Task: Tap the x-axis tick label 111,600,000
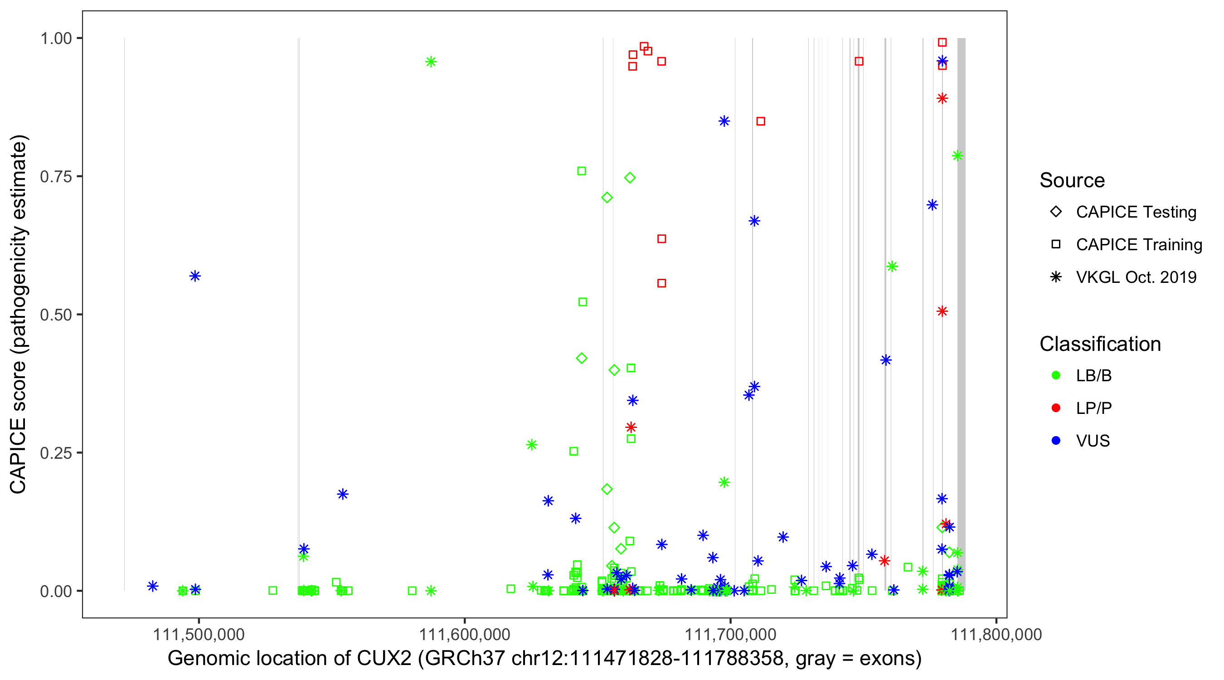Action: [464, 634]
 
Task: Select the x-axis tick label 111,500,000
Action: [199, 634]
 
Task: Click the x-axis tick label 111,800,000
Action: [996, 634]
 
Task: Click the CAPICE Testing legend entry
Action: [1136, 212]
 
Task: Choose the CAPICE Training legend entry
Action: [1138, 244]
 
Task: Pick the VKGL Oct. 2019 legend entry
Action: [1136, 277]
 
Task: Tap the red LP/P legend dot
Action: [1056, 408]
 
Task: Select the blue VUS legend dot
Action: [1056, 441]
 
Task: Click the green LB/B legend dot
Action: [1056, 375]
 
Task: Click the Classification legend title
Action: [1100, 344]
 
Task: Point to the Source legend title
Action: [1072, 180]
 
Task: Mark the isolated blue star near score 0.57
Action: [195, 276]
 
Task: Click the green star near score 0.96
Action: [431, 62]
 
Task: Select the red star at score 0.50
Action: [942, 311]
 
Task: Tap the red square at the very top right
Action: [942, 42]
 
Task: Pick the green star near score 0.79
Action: [957, 155]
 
